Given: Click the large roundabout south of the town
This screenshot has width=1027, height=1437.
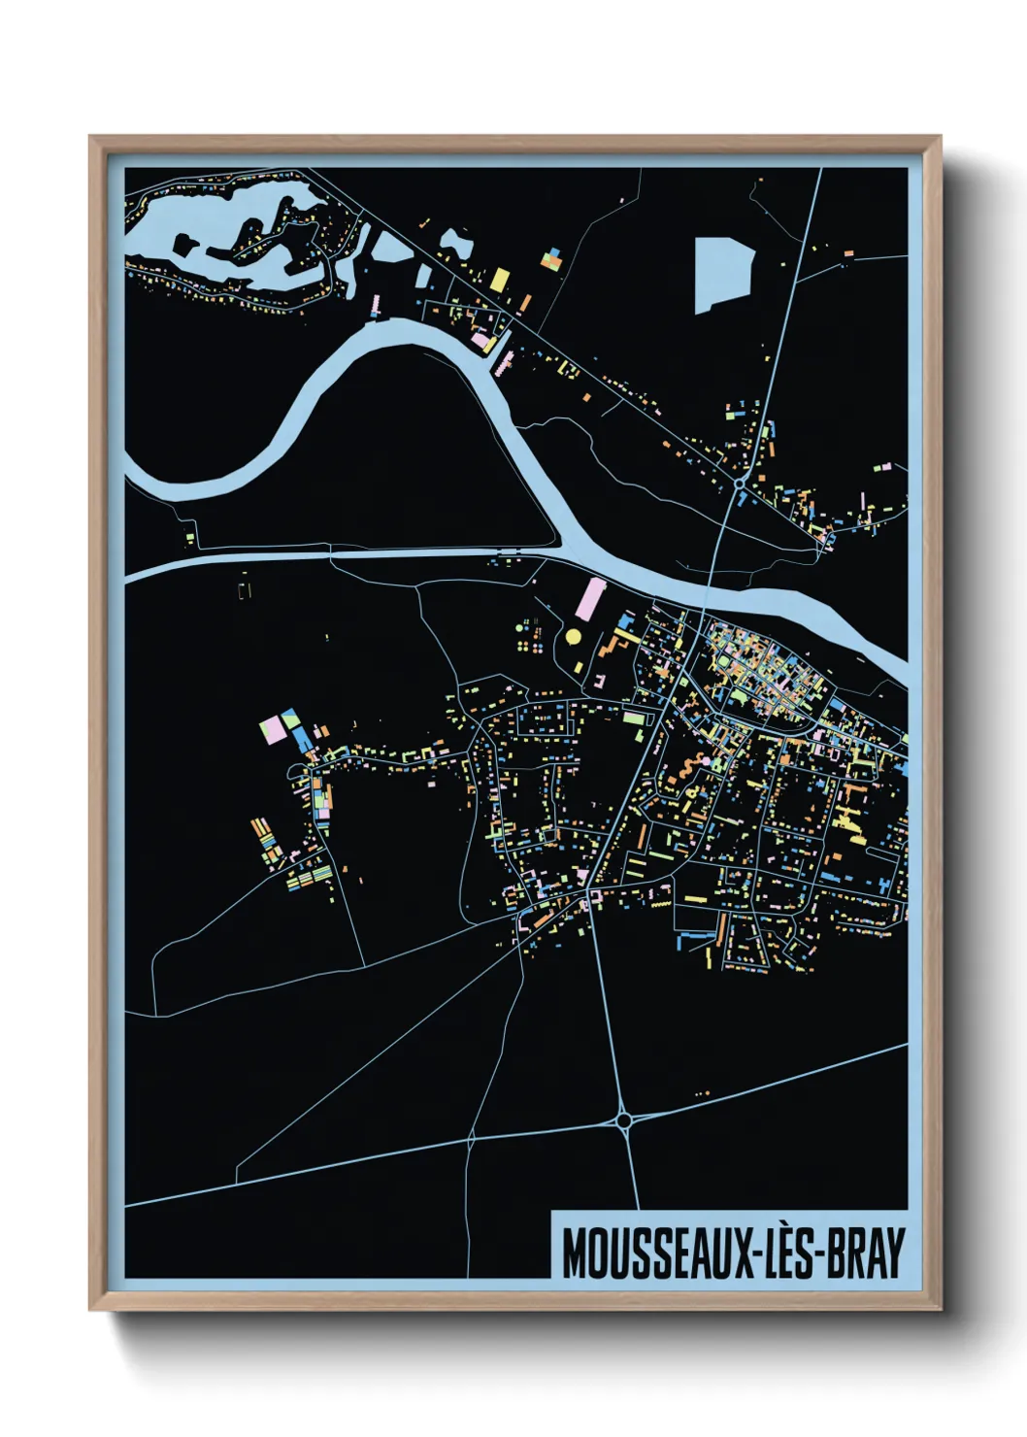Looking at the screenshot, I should click(624, 1120).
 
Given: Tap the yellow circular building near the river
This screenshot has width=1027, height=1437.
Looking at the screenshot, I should click(573, 636).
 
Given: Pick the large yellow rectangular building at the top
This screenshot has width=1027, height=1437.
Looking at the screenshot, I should click(499, 280).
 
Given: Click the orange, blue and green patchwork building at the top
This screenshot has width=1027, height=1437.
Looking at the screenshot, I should click(552, 259).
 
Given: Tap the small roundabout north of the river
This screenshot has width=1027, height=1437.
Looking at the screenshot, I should click(740, 482).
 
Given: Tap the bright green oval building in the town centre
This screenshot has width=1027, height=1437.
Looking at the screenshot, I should click(737, 695).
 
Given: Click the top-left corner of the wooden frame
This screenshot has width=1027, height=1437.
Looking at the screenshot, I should click(90, 137).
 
